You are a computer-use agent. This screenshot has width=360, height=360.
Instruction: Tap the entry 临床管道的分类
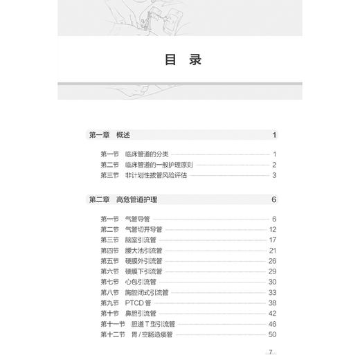147,154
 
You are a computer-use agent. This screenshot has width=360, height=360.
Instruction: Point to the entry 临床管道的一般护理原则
160,165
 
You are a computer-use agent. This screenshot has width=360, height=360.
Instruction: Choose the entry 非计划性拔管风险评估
156,175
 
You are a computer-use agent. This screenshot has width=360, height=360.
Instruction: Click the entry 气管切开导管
144,230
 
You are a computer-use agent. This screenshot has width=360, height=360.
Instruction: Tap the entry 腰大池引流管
144,251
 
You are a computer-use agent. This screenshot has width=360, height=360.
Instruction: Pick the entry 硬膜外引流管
144,261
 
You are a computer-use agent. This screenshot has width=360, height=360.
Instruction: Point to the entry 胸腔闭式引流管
147,292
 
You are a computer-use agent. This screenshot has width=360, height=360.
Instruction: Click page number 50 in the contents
272,334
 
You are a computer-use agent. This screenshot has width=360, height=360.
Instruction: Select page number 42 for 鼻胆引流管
272,313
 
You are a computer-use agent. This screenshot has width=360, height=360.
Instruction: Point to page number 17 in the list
273,240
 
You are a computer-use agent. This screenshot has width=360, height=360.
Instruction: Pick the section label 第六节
109,271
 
